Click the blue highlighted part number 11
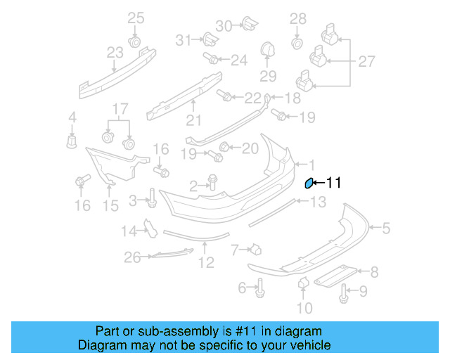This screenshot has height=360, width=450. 308,184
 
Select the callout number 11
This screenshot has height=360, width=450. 333,183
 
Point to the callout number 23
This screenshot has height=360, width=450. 115,51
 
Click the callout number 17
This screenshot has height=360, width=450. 120,109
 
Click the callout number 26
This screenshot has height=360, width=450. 133,258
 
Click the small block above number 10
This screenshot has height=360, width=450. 304,283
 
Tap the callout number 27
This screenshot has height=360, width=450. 366,62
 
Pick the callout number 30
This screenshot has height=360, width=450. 223,25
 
